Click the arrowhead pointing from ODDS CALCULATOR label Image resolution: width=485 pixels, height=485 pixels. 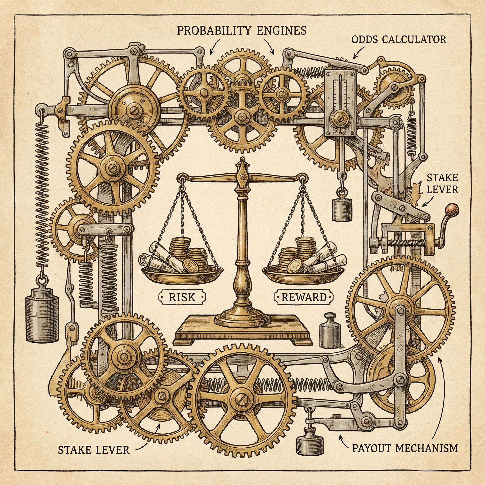tap(354, 58)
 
